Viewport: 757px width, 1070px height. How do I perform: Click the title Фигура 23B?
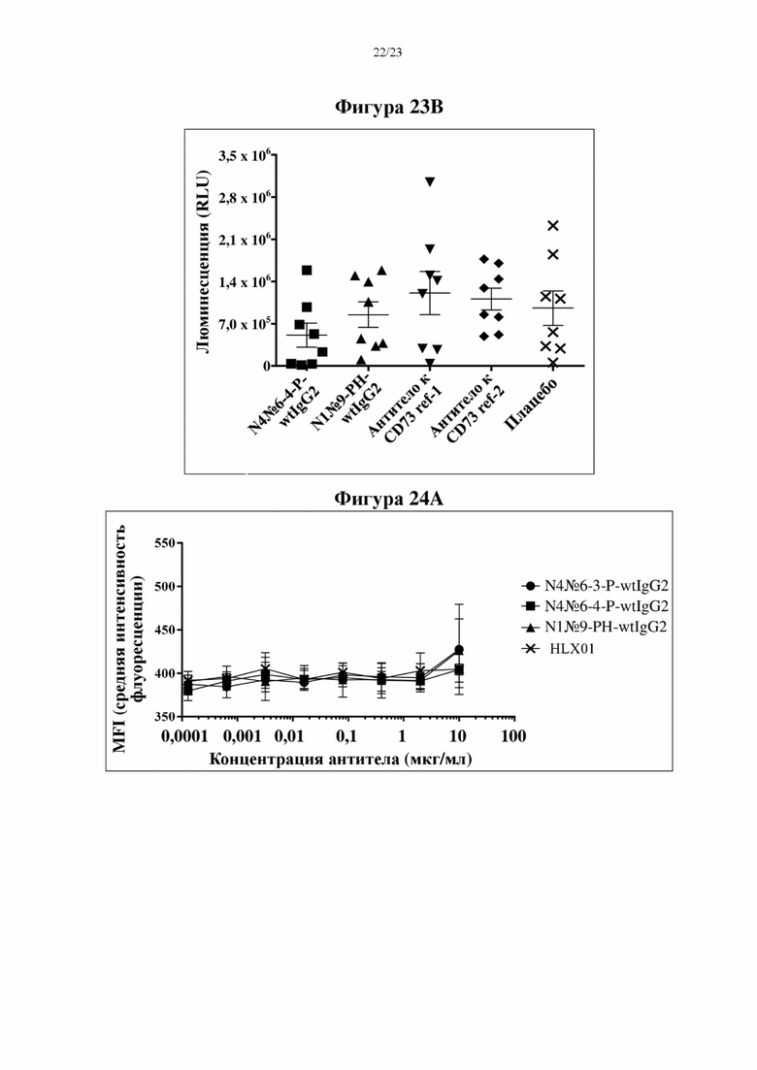pyautogui.click(x=389, y=107)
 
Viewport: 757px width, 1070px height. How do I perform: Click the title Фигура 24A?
pyautogui.click(x=388, y=499)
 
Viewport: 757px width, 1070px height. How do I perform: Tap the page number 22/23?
pyautogui.click(x=387, y=52)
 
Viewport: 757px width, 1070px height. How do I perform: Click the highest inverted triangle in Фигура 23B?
pyautogui.click(x=430, y=181)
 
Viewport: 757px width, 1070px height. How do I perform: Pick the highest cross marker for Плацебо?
pyautogui.click(x=553, y=225)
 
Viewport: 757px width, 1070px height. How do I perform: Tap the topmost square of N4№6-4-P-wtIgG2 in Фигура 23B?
pyautogui.click(x=307, y=271)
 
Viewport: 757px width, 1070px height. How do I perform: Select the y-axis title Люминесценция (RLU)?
pyautogui.click(x=203, y=261)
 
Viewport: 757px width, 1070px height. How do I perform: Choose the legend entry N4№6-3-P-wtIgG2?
pyautogui.click(x=595, y=586)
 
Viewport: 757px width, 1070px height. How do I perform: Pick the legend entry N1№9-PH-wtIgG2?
pyautogui.click(x=594, y=627)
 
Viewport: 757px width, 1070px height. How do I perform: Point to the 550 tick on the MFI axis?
pyautogui.click(x=165, y=543)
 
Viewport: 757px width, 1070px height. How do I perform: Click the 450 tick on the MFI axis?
pyautogui.click(x=165, y=630)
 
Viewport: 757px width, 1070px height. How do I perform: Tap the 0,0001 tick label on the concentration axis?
pyautogui.click(x=184, y=735)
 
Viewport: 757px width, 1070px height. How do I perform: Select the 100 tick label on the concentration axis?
pyautogui.click(x=513, y=735)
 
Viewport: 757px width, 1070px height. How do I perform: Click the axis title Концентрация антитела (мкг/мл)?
pyautogui.click(x=340, y=759)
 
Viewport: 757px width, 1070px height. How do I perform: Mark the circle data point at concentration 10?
pyautogui.click(x=459, y=650)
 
